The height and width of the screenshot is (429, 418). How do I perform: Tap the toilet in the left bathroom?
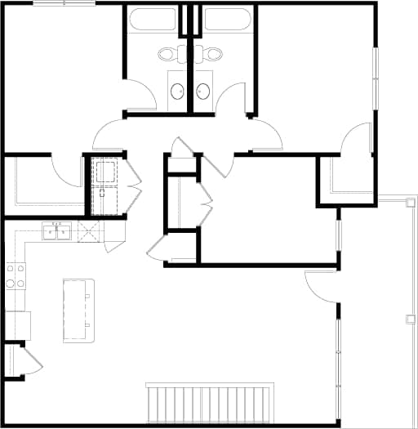tap(169, 55)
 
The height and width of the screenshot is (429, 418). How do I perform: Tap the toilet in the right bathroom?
tap(212, 55)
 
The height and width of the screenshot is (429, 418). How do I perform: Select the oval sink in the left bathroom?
tap(177, 91)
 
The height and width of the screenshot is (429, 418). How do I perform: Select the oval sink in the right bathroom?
tap(203, 91)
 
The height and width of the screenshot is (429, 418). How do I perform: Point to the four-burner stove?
tap(15, 275)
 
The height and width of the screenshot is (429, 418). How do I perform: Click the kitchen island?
tap(78, 310)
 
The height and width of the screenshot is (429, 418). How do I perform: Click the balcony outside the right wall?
tap(399, 311)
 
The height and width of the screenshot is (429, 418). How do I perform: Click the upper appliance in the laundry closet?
tap(104, 172)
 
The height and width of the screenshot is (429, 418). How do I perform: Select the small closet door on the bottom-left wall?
tap(30, 362)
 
